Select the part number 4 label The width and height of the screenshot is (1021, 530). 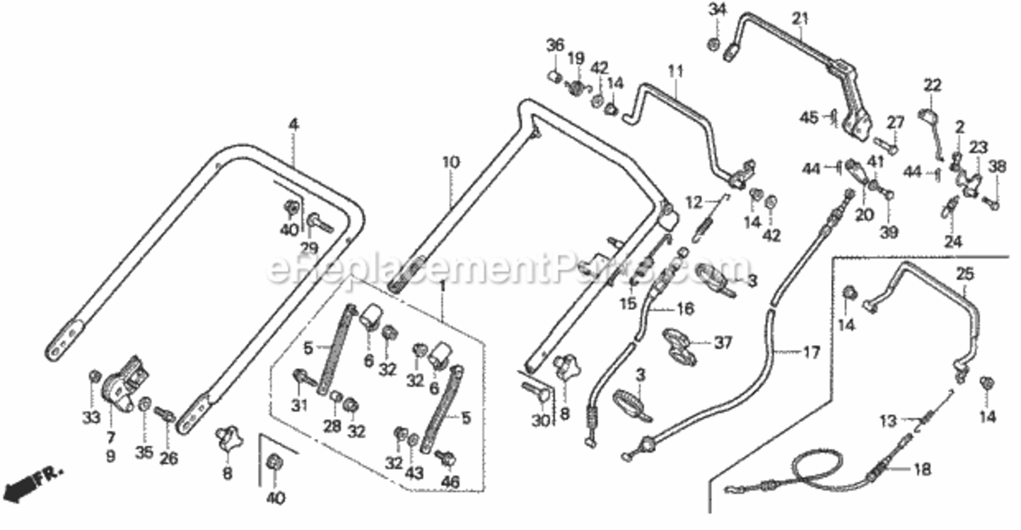pos(294,124)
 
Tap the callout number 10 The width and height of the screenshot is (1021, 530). pos(451,162)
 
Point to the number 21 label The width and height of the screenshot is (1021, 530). pos(800,18)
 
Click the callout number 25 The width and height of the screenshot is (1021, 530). pos(965,274)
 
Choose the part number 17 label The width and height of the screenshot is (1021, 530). pos(811,352)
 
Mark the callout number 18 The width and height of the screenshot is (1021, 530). pos(923,469)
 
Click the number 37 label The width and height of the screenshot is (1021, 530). pos(723,342)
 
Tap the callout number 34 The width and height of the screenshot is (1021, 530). pos(717,10)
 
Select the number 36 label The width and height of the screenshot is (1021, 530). pos(555,45)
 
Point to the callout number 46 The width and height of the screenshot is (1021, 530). pos(450,482)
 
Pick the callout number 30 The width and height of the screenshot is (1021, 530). pos(541,420)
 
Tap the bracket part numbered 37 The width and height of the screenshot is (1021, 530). pos(680,346)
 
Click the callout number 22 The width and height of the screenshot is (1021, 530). pos(932,86)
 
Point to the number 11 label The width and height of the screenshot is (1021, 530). pos(675,71)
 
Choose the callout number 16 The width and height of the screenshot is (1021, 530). pos(685,309)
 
